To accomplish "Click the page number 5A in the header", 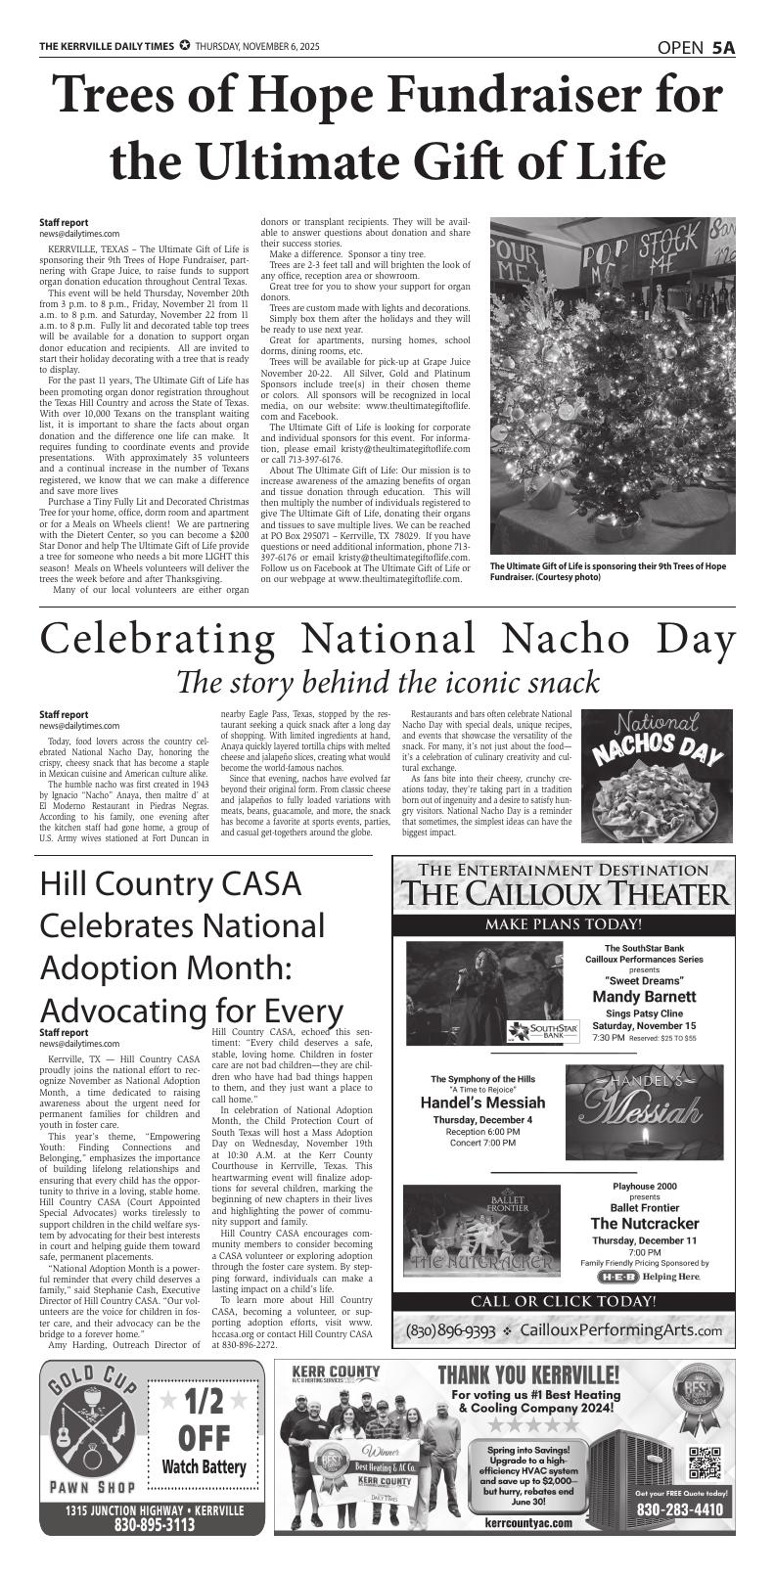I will pyautogui.click(x=723, y=48).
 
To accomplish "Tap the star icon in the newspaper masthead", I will pyautogui.click(x=184, y=47).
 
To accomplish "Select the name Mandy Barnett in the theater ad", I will pyautogui.click(x=644, y=996).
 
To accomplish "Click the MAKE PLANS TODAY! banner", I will pyautogui.click(x=563, y=924).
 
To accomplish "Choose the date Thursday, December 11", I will pyautogui.click(x=644, y=1240).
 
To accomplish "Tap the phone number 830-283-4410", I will pyautogui.click(x=680, y=1509).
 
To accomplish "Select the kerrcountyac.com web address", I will pyautogui.click(x=527, y=1522).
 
